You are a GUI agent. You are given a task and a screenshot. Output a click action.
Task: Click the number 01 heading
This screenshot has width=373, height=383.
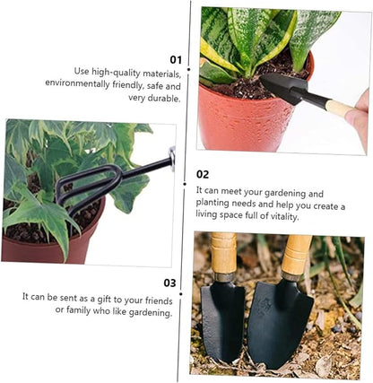click(x=176, y=60)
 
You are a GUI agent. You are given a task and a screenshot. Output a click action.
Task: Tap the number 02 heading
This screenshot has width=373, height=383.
click(x=203, y=174)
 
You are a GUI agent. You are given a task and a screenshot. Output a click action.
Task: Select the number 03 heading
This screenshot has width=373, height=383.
click(x=169, y=283)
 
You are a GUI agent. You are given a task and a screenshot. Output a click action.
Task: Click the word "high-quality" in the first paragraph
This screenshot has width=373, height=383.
click(x=116, y=72)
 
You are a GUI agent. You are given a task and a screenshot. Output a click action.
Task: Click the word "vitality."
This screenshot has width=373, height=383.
click(x=284, y=216)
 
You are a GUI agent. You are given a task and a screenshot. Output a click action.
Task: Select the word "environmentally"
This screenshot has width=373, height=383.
click(x=77, y=83)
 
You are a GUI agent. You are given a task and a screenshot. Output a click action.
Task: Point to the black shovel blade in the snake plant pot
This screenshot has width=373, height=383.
click(x=282, y=84)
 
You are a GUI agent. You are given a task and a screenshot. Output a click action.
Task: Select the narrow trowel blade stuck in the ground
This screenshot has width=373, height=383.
click(x=221, y=320)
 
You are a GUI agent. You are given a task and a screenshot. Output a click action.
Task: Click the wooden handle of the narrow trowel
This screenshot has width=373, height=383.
click(x=223, y=254)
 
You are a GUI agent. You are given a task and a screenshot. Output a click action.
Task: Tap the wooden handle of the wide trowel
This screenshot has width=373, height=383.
click(x=296, y=255)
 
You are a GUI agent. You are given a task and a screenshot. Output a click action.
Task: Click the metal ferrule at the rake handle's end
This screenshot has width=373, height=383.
click(x=172, y=158)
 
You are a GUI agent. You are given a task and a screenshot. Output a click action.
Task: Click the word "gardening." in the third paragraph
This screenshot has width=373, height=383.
click(x=151, y=313)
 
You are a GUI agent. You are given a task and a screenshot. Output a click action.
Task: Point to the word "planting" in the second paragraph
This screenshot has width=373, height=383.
click(x=213, y=204)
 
